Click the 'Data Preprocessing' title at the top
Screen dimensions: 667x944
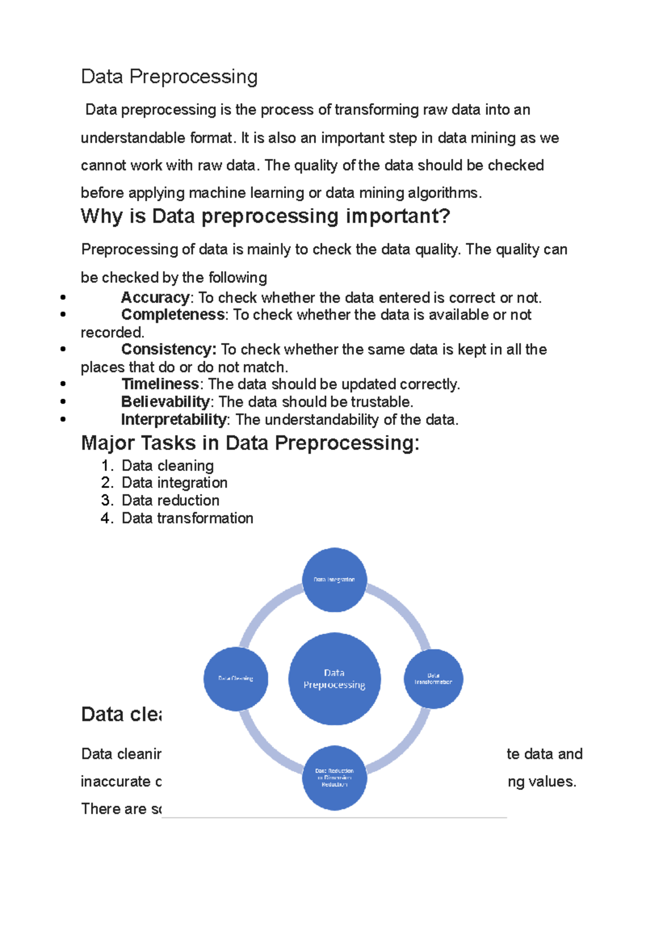click(x=169, y=77)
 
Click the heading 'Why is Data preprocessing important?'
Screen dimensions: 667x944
click(x=265, y=216)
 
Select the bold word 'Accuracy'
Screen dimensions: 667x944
click(x=155, y=297)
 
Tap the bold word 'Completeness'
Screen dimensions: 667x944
click(x=173, y=315)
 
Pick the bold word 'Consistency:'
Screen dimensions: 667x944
click(x=168, y=349)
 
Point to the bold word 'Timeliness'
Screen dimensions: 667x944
click(x=160, y=384)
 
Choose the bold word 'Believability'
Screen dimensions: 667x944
click(x=165, y=402)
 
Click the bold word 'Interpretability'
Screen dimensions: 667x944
click(x=173, y=420)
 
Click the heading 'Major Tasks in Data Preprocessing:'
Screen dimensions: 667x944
click(x=250, y=443)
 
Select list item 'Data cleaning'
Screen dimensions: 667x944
click(x=167, y=465)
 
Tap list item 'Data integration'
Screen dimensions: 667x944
click(x=175, y=483)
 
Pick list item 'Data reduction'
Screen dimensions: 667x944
click(x=170, y=500)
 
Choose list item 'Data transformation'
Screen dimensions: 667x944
click(x=187, y=518)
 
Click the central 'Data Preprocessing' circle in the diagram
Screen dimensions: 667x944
click(x=334, y=679)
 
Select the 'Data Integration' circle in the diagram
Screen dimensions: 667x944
click(x=334, y=580)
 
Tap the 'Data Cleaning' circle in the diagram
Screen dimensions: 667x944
click(x=236, y=679)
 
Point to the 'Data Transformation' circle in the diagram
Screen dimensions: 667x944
click(x=433, y=679)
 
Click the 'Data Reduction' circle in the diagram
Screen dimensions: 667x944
click(x=334, y=778)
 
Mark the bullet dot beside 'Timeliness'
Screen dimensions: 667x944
click(x=63, y=384)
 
